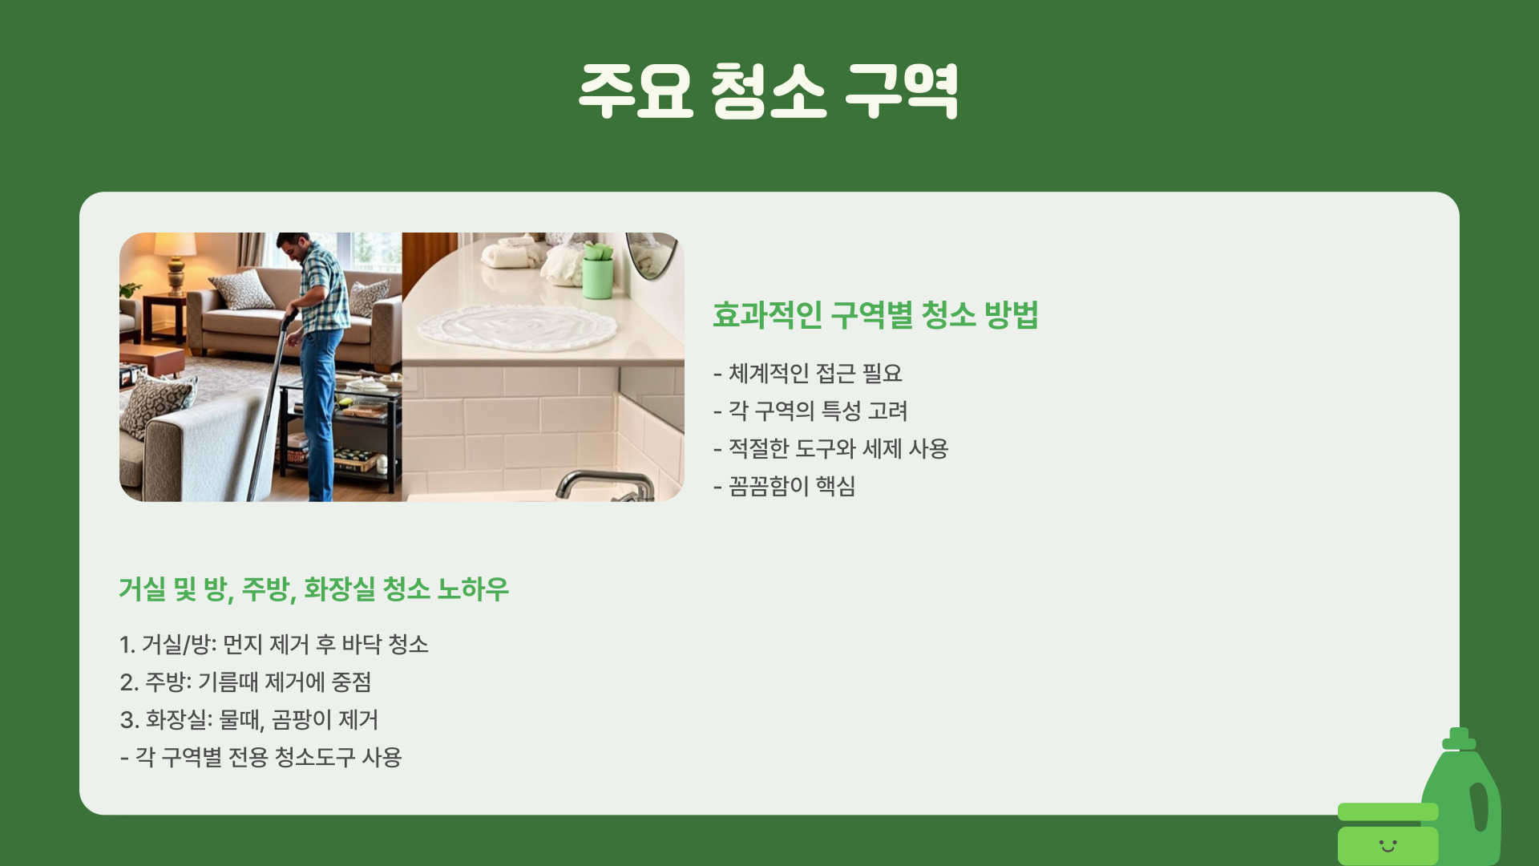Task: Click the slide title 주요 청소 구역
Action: [769, 91]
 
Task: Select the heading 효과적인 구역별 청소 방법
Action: [875, 314]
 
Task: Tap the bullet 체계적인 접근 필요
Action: [808, 374]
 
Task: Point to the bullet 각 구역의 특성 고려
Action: [810, 411]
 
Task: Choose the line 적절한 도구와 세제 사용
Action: [830, 449]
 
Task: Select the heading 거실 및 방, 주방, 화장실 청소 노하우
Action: [313, 589]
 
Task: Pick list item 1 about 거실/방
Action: [274, 645]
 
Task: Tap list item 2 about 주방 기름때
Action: [245, 682]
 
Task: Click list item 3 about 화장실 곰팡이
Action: [248, 720]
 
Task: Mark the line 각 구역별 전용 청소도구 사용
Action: [261, 758]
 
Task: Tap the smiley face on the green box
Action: [1388, 845]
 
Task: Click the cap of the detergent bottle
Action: [1459, 739]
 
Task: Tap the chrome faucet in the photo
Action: [605, 485]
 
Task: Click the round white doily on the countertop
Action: [518, 327]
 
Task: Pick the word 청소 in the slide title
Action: [768, 91]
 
